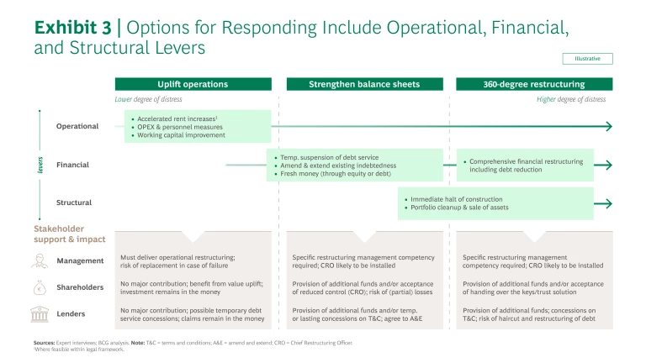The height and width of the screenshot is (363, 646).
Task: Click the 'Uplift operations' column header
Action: [x=193, y=84]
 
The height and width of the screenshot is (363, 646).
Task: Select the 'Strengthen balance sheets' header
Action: [x=363, y=84]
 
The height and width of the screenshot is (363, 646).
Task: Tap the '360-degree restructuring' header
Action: [x=534, y=84]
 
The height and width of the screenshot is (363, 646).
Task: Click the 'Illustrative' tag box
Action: [x=587, y=59]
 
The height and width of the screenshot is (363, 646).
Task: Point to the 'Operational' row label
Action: [x=77, y=126]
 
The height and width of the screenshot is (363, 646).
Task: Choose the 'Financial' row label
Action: [x=73, y=165]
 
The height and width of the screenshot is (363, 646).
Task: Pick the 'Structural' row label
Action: [x=74, y=203]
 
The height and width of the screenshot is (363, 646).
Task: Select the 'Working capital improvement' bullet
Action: [x=182, y=134]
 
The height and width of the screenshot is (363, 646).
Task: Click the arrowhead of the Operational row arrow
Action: [x=608, y=126]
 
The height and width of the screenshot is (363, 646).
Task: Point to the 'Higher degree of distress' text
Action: [x=570, y=99]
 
